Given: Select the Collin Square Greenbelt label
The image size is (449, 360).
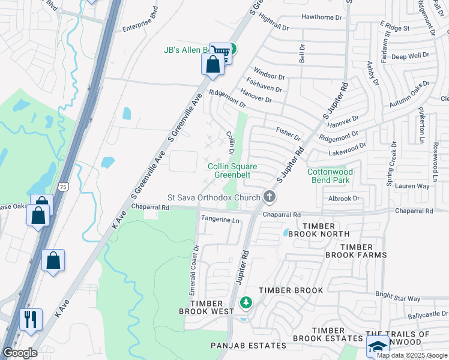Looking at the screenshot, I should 228,170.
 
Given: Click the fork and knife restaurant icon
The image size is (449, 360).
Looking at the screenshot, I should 31,318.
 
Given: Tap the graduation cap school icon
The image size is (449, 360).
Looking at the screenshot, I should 378,346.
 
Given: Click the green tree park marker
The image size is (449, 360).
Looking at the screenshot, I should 245,303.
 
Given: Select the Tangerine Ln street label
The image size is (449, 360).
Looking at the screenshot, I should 220,220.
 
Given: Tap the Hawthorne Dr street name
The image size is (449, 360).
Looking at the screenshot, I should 321,17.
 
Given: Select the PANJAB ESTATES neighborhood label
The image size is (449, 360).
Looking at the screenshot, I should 248,346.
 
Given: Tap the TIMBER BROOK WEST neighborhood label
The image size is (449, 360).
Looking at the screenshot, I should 206,307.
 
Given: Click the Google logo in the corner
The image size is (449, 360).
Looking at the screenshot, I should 20,353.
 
